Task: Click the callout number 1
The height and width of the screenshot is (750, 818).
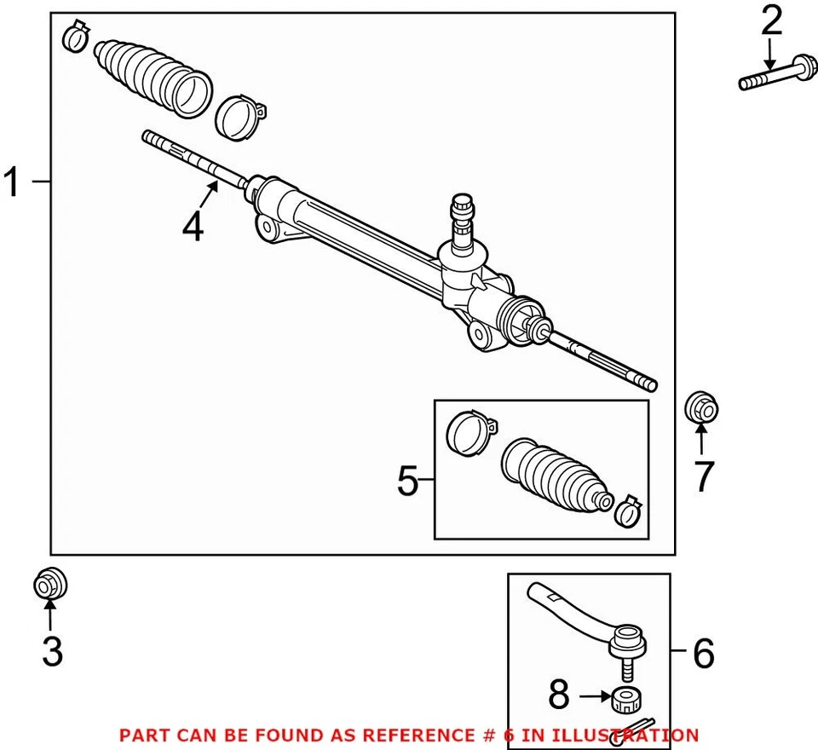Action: [x=12, y=182]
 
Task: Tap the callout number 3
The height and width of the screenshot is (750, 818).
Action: [x=52, y=652]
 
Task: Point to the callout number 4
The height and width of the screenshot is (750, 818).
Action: [x=193, y=227]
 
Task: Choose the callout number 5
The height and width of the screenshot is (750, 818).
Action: [x=408, y=482]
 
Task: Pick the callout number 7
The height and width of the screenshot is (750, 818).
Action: [x=702, y=477]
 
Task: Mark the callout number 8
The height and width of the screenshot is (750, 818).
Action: [x=558, y=695]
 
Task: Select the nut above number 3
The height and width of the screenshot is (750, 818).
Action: [x=49, y=585]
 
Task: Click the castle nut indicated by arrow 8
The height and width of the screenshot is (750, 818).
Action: [x=626, y=701]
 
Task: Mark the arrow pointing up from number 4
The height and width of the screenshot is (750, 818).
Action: [x=210, y=190]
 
